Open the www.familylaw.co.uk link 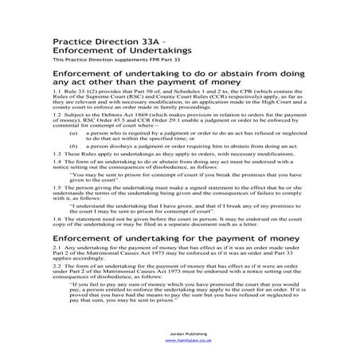click(180, 339)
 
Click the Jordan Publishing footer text click(180, 333)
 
